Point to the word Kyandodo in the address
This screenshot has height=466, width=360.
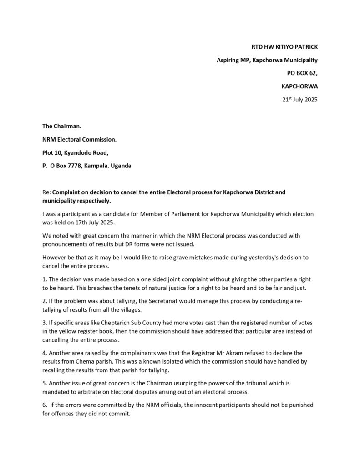81,153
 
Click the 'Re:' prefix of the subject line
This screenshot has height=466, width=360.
46,192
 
